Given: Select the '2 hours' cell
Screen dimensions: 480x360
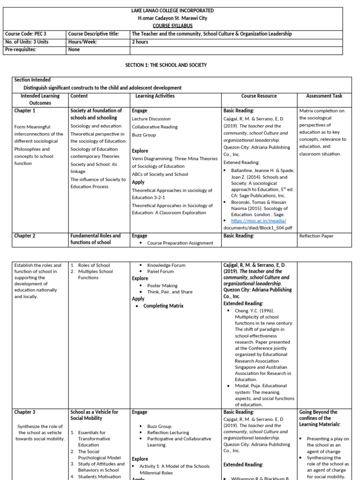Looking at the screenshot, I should (140, 42).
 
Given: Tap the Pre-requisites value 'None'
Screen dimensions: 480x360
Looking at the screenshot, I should (74, 49).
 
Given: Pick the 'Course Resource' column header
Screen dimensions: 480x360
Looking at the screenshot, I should (259, 96).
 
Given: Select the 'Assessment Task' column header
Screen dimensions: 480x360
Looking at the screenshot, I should (324, 96).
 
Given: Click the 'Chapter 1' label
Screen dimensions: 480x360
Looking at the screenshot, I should (25, 111).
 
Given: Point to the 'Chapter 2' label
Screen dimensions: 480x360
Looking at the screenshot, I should (25, 236).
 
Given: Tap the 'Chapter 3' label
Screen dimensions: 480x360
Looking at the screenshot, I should (25, 412).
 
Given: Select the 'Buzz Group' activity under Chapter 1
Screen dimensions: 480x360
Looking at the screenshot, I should (144, 135).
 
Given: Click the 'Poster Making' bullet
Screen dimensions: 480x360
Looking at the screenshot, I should (162, 285).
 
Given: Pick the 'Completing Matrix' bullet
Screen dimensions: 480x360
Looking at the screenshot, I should (163, 306).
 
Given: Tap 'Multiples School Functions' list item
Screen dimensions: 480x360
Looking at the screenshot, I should (95, 274).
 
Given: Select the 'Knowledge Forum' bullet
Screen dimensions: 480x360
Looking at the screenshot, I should (166, 265).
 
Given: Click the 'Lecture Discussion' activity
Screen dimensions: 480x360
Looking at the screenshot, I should (151, 119).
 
